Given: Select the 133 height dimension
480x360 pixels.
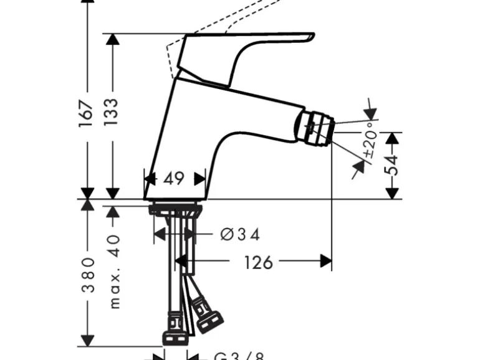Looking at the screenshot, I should click(x=112, y=113).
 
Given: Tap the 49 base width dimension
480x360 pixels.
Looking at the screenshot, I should click(x=175, y=179).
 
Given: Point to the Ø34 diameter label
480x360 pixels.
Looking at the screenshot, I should click(x=241, y=234).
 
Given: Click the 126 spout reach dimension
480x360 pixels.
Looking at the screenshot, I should click(x=258, y=262).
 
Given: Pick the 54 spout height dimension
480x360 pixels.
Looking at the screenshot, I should click(x=392, y=166).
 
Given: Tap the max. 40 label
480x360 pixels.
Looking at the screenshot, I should click(x=113, y=270).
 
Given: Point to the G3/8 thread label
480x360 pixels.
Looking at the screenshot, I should click(x=240, y=356).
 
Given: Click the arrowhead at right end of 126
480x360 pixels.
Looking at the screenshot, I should click(x=325, y=262).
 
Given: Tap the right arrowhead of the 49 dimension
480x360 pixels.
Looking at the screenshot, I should click(x=200, y=179).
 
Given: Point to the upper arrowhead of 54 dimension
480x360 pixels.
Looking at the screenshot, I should click(x=392, y=138).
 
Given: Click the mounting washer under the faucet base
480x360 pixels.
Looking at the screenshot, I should click(x=175, y=208).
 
